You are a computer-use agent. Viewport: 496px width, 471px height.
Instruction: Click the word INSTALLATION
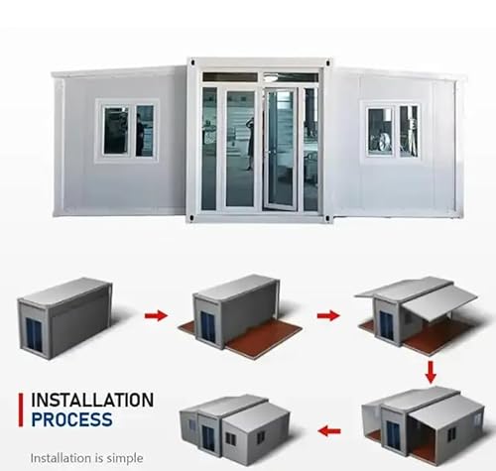[92, 400]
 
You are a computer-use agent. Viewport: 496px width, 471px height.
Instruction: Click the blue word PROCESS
[71, 419]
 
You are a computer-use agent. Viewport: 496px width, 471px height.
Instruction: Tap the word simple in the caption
[125, 458]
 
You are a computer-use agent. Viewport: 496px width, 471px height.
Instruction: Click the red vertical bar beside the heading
[21, 410]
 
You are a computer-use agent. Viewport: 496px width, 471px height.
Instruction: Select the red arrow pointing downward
[431, 372]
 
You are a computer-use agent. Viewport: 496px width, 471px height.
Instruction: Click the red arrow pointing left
[329, 431]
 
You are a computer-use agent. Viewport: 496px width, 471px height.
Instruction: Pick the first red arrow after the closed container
[156, 315]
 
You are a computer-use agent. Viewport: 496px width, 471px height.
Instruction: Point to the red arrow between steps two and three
[328, 315]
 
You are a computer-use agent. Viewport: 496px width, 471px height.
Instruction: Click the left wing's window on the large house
[127, 131]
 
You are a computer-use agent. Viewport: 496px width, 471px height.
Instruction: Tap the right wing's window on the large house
[392, 131]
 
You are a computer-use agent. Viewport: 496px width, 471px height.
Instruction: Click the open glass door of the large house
[280, 150]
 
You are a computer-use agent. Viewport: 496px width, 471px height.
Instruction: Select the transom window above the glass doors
[261, 77]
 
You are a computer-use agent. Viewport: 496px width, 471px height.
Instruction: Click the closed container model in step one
[64, 317]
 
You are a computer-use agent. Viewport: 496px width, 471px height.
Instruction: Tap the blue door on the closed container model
[34, 334]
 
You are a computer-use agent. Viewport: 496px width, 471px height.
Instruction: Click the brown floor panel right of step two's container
[265, 338]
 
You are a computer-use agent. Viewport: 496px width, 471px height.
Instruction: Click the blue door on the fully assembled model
[208, 438]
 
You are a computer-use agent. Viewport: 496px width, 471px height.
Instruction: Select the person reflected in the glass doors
[250, 143]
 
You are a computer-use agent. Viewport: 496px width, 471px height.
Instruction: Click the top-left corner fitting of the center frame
[189, 61]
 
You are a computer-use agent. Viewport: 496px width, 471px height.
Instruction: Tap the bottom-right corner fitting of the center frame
[328, 218]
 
